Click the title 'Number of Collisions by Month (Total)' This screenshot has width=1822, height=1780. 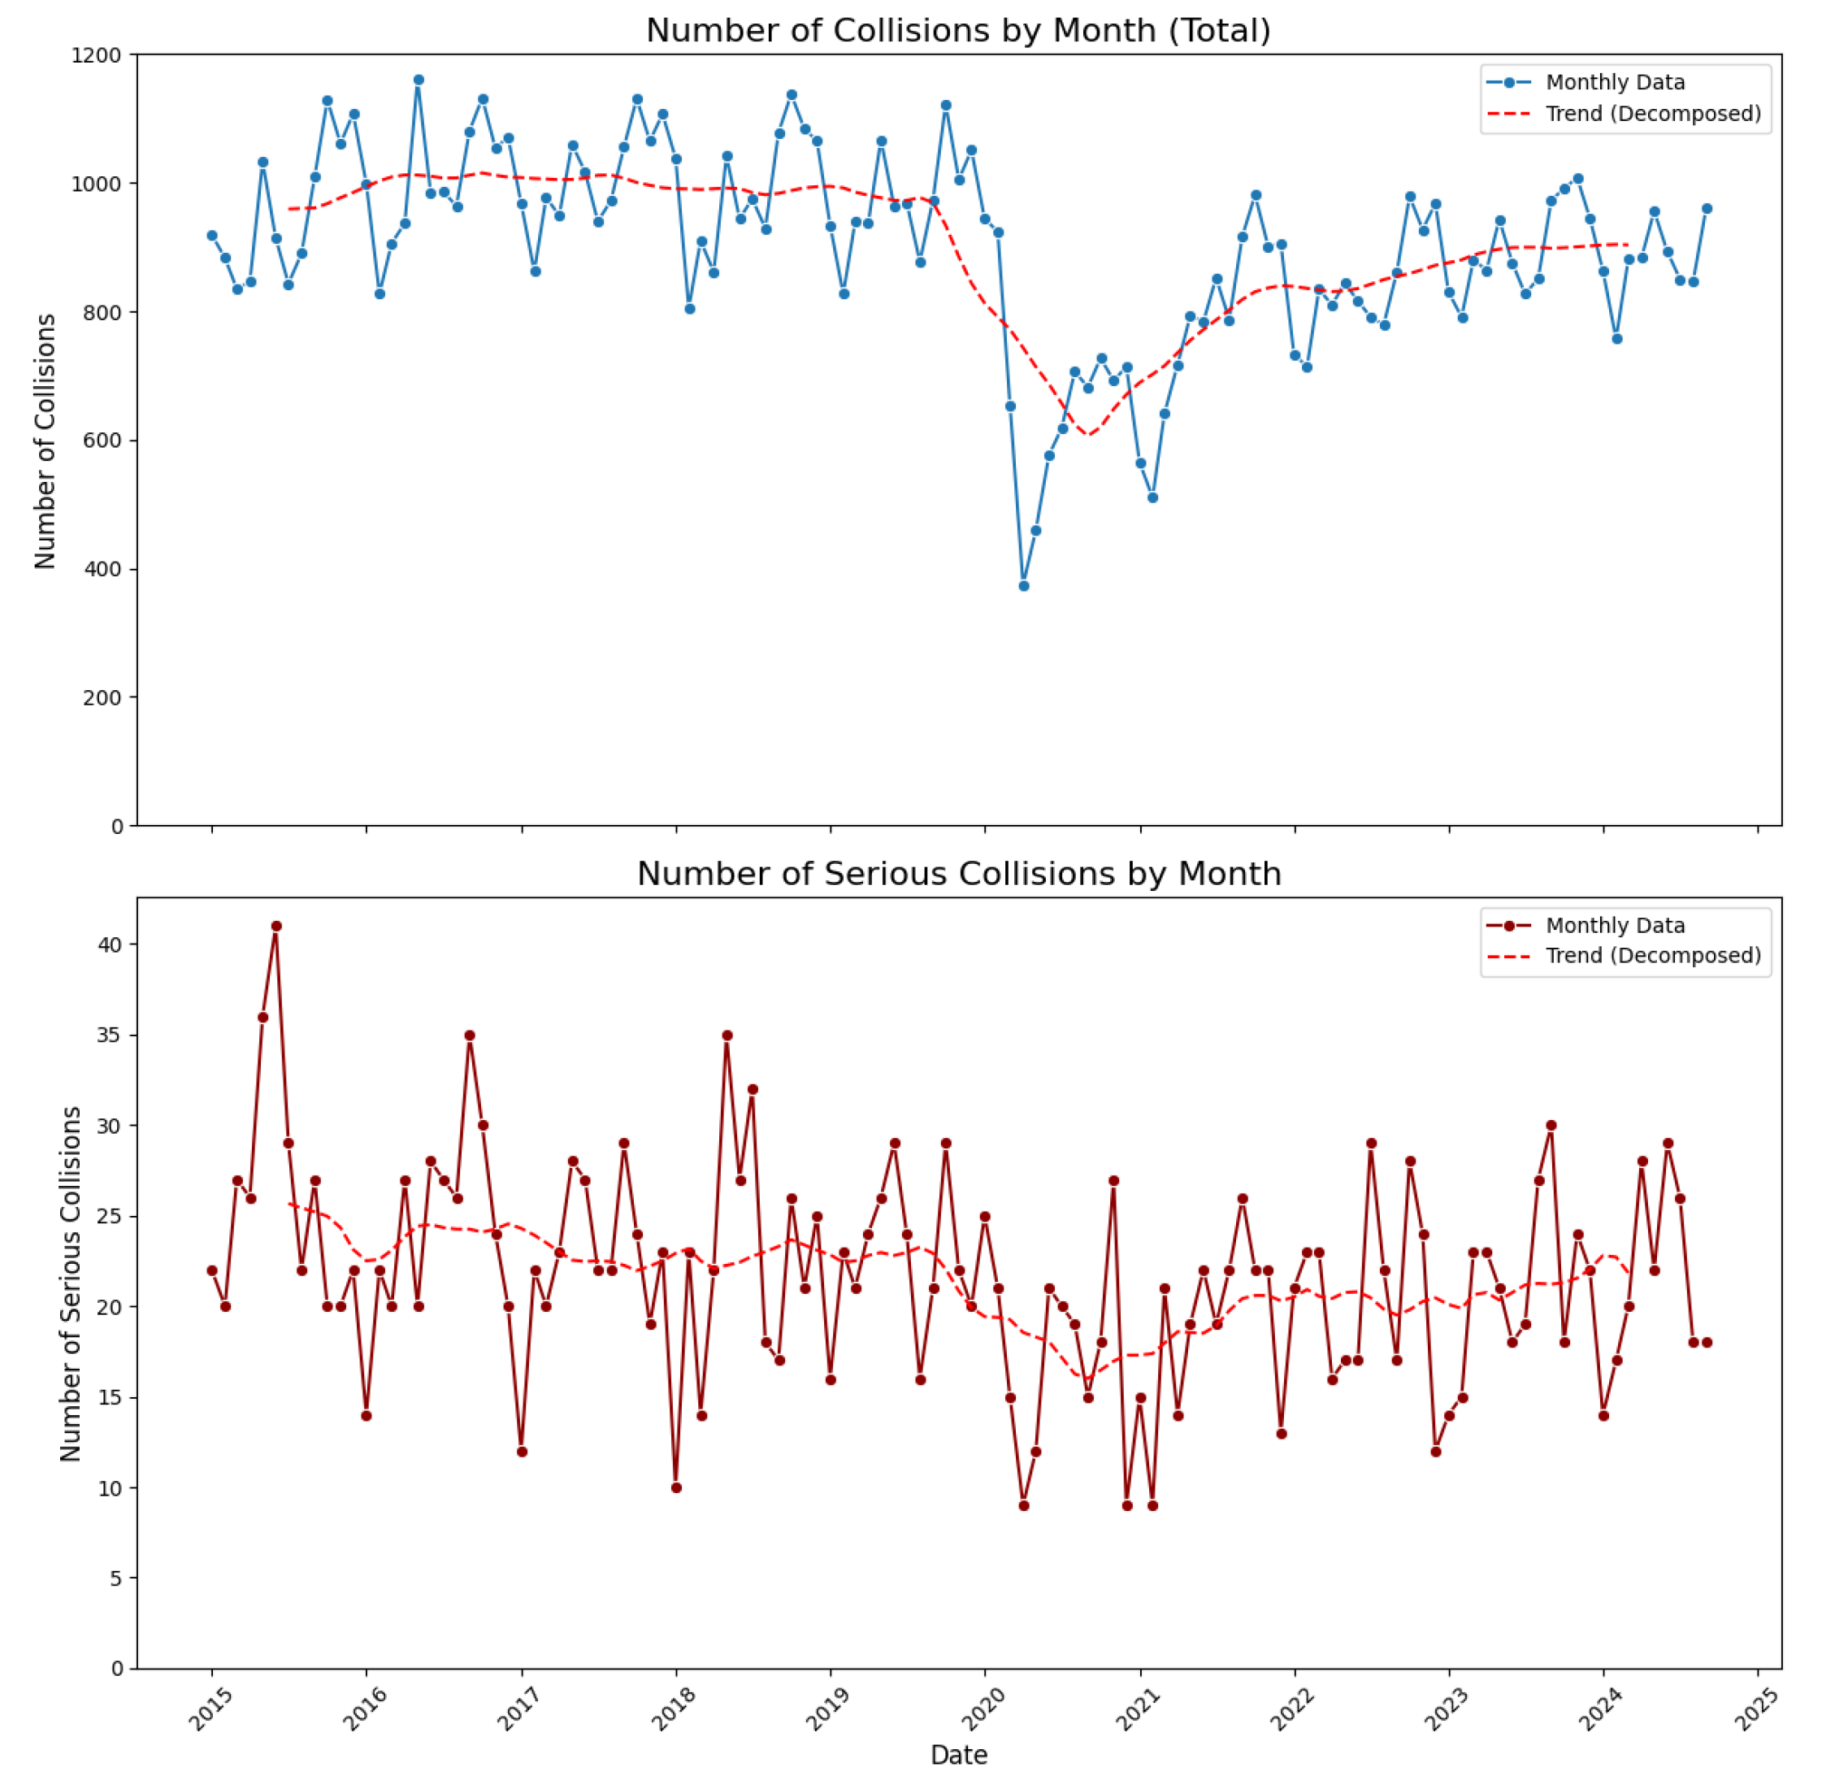coord(958,31)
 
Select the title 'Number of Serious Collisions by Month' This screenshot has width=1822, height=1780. coord(958,873)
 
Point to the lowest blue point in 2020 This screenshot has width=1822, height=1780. coord(1024,586)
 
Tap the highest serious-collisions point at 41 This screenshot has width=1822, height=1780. coord(275,927)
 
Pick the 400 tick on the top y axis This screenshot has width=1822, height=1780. coord(103,569)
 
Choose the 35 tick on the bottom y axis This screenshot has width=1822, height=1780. coord(110,1035)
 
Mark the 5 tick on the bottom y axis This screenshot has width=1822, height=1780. coord(115,1578)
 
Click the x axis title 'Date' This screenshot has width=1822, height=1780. coord(958,1755)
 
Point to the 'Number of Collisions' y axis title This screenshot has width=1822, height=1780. coord(45,441)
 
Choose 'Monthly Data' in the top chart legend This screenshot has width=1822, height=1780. coord(1615,82)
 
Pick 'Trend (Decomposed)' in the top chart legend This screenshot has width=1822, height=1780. coord(1653,114)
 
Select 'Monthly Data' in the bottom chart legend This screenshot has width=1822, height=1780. coord(1615,926)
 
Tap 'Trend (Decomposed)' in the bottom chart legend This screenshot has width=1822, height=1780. coord(1653,956)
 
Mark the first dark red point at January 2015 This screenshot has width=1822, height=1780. coord(212,1270)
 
